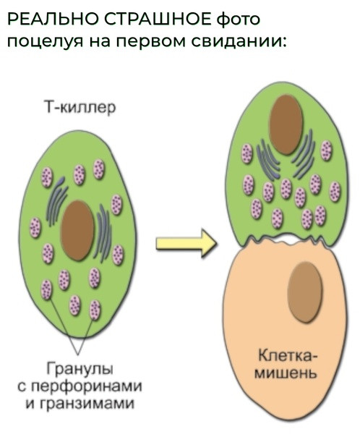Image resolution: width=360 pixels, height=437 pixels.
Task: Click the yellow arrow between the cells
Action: pos(186,243)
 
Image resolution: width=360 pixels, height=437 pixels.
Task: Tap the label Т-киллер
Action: pos(80,108)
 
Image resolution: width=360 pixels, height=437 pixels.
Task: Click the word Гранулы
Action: pos(80,369)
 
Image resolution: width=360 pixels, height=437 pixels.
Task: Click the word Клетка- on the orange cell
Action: pos(286,356)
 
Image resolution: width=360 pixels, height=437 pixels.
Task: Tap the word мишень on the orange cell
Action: pos(286,372)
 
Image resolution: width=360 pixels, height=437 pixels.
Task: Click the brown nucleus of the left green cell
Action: pos(77,231)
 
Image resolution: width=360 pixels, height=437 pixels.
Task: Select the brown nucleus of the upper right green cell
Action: pos(286,124)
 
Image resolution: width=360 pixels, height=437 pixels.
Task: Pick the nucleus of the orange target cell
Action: pos(305,292)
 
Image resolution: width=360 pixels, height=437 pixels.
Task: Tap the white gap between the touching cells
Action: pos(287,239)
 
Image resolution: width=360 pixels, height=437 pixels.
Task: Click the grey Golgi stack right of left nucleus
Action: pos(103,234)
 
